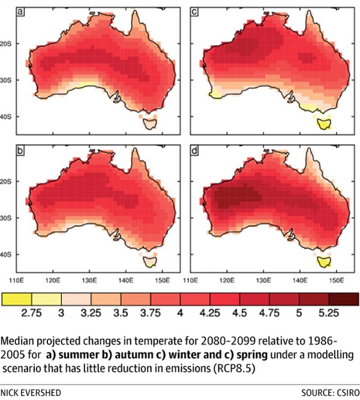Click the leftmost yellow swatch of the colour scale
[x=18, y=299]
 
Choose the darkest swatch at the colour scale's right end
[x=343, y=299]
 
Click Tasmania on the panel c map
[x=325, y=124]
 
